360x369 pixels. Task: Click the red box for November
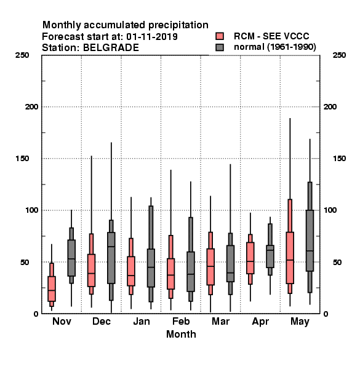(52, 289)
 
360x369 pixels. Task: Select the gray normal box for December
(111, 258)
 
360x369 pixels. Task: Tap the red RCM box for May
(290, 258)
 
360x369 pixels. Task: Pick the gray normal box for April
(270, 256)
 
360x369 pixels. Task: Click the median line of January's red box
(131, 276)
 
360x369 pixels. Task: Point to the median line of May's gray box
(310, 251)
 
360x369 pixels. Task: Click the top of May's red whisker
(290, 118)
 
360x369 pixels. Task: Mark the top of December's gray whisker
(111, 143)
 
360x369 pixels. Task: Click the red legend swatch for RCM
(220, 36)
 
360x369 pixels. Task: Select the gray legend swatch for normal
(220, 47)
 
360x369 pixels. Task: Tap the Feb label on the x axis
(181, 321)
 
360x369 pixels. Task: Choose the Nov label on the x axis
(62, 321)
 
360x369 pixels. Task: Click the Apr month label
(260, 322)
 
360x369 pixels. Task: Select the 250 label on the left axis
(22, 55)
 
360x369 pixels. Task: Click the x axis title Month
(181, 334)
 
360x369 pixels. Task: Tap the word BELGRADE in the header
(111, 48)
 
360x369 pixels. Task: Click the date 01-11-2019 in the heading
(152, 37)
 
